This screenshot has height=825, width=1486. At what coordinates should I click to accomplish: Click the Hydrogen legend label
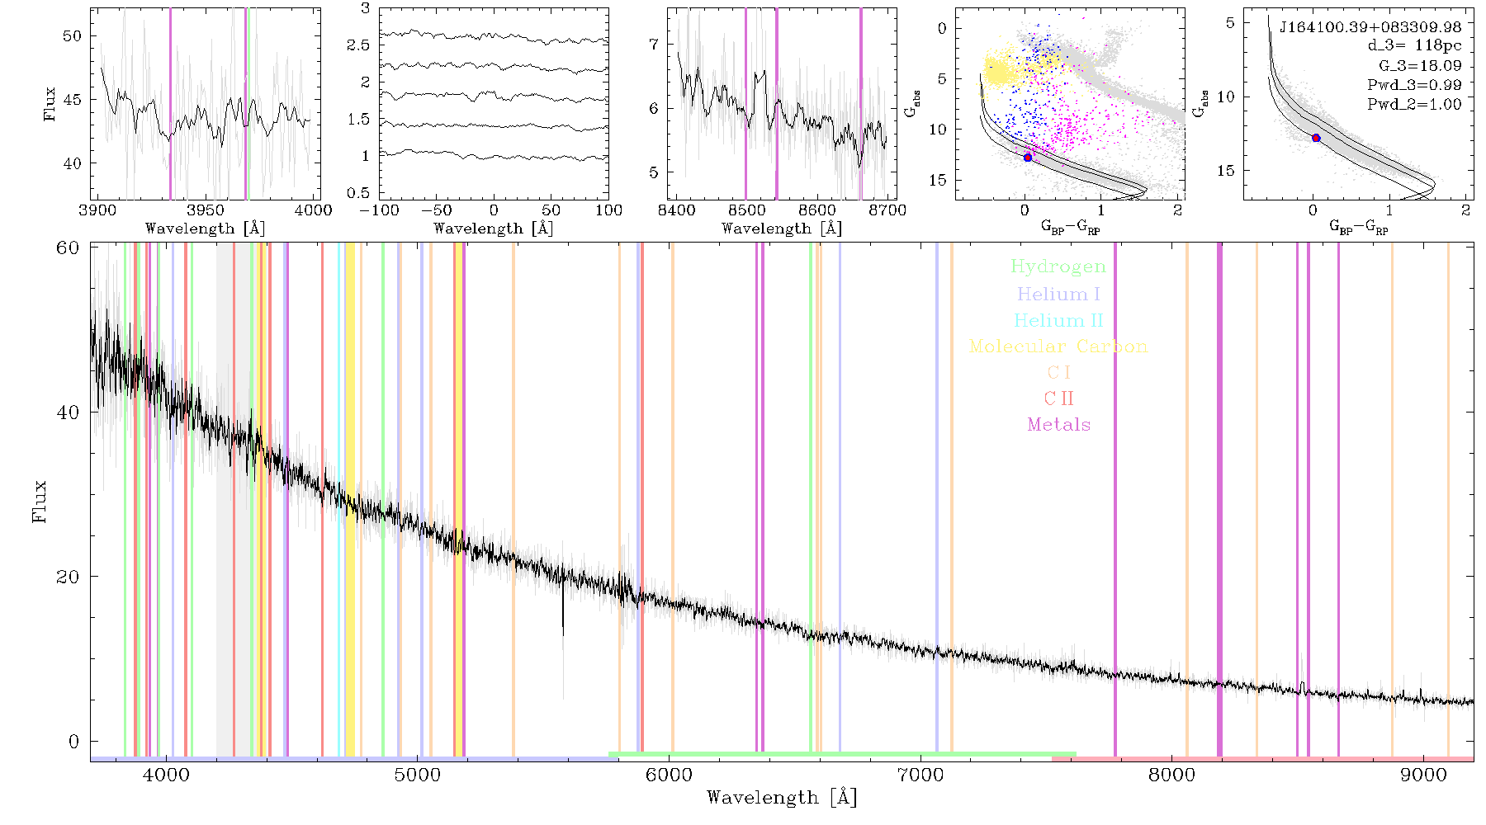pos(1058,266)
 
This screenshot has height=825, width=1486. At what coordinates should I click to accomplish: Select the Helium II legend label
pos(1058,320)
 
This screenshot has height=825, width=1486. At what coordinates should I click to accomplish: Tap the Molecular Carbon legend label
pos(1058,346)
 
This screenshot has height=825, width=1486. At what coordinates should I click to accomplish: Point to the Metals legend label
pos(1058,425)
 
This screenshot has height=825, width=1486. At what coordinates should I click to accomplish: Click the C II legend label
pos(1058,398)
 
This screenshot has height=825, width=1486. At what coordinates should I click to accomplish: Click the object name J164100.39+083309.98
pos(1370,27)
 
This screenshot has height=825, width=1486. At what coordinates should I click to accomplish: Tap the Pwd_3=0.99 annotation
pos(1414,85)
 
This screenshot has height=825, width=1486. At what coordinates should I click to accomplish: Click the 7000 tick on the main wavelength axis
pos(920,775)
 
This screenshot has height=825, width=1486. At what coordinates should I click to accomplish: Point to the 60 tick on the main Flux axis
pos(68,247)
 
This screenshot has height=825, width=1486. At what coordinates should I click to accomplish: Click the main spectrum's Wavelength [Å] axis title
pos(782,798)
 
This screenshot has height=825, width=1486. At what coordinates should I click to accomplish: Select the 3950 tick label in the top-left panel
pos(205,210)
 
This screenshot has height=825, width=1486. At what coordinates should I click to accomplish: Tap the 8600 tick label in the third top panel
pos(817,210)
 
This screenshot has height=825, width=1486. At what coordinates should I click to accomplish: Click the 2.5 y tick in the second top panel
pos(358,45)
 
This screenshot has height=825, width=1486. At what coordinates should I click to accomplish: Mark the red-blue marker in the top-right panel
pos(1316,138)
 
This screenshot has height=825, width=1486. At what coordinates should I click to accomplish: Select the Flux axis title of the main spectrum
pos(39,502)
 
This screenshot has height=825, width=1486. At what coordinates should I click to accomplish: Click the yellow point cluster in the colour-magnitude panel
pos(1001,70)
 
